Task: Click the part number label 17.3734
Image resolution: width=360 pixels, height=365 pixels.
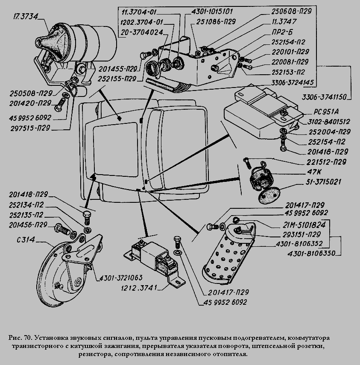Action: pos(26,17)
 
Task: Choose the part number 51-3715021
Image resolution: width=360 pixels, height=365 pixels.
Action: pos(322,182)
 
